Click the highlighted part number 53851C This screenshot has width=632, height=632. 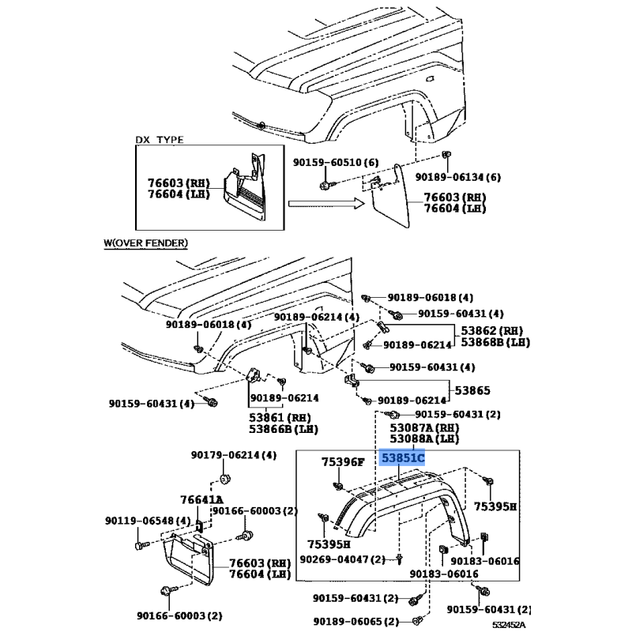[x=403, y=458]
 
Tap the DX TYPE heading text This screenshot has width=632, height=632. [x=160, y=140]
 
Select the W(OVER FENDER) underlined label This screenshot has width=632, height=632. [x=146, y=243]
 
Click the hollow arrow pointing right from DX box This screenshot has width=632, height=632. [x=326, y=204]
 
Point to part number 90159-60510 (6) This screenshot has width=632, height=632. [x=336, y=162]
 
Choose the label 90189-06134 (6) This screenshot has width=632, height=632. [x=458, y=177]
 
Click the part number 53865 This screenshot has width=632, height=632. [x=472, y=390]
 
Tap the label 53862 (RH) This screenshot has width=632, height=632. [x=491, y=331]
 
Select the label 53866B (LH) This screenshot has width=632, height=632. [x=284, y=429]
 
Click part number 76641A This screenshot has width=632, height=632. [x=201, y=500]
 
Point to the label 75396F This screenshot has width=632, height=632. [x=343, y=462]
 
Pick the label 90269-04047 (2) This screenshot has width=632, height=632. [x=343, y=559]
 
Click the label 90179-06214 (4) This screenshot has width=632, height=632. [x=234, y=455]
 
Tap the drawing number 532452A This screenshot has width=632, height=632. [x=509, y=625]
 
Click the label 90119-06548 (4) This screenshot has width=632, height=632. [x=148, y=521]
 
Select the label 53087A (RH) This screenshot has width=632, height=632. [x=424, y=427]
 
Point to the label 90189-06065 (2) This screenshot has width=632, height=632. [x=356, y=622]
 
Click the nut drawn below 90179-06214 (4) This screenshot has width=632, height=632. [x=224, y=480]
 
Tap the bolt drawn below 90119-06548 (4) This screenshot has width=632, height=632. [x=141, y=545]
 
